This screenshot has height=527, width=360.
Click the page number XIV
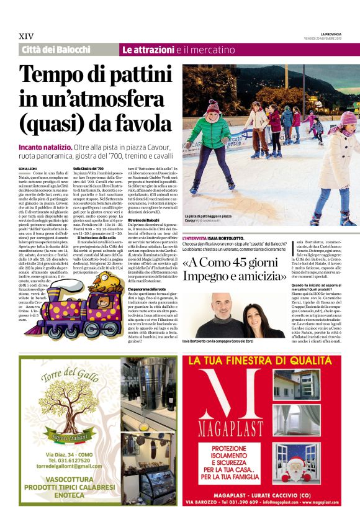(x=26, y=37)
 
